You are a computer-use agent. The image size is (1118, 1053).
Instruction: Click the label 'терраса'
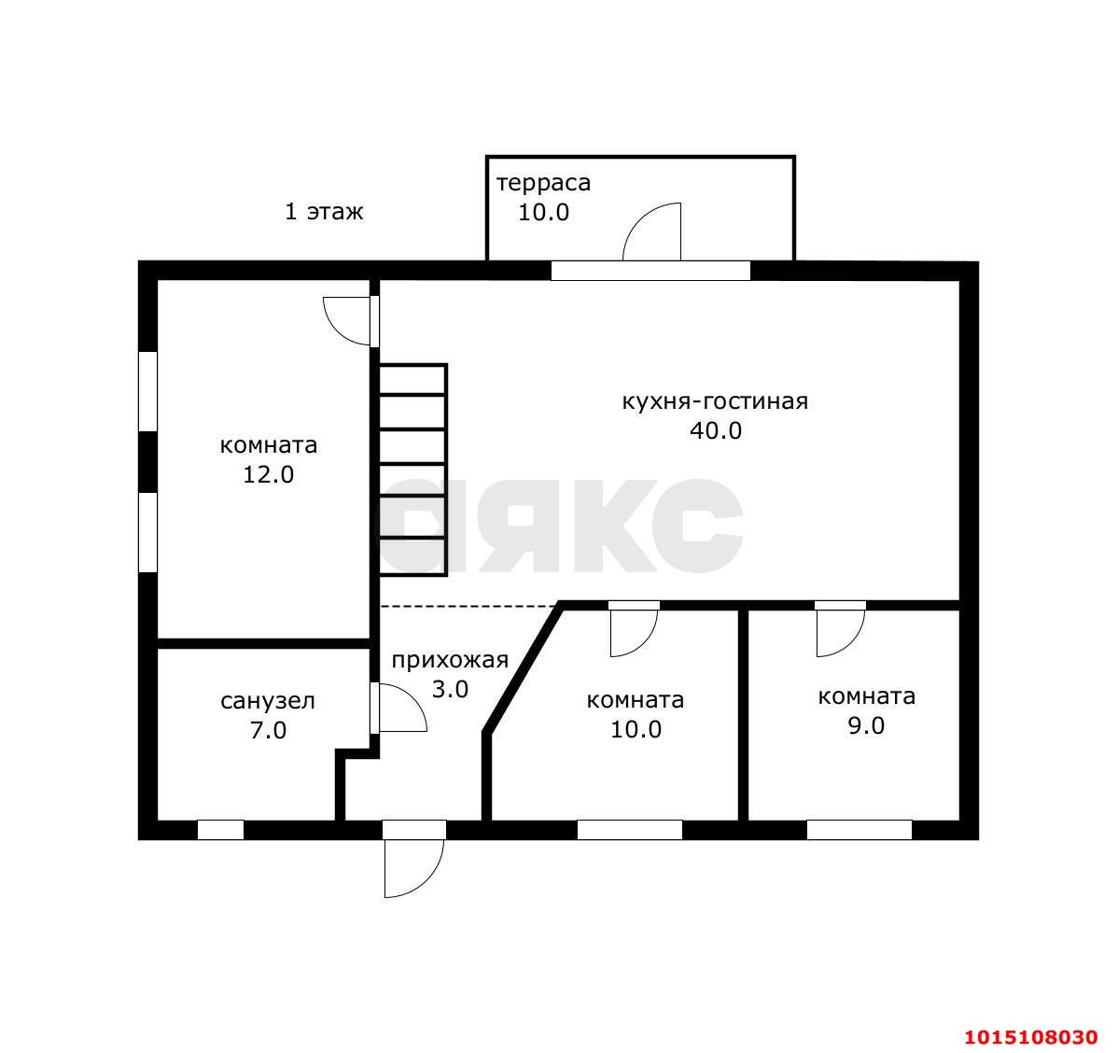(543, 183)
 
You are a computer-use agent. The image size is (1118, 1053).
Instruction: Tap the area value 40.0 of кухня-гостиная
(715, 431)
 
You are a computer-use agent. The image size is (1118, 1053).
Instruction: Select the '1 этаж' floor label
(324, 212)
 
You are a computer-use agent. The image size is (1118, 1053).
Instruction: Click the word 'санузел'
(268, 702)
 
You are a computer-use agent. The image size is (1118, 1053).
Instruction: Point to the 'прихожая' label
(450, 661)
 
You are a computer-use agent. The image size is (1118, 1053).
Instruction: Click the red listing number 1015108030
(1031, 1036)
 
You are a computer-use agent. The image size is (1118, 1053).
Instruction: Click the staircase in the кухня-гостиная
(412, 470)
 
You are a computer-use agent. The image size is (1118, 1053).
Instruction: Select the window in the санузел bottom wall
(220, 830)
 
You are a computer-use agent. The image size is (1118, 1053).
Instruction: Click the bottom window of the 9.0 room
(859, 830)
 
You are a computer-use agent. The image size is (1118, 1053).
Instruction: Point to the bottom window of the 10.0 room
(630, 830)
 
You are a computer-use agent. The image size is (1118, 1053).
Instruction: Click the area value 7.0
(268, 731)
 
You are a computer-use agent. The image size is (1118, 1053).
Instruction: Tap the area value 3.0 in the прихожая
(450, 690)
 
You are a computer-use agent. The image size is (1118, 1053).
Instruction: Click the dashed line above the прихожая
(468, 607)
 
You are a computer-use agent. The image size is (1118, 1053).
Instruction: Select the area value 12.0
(268, 474)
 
